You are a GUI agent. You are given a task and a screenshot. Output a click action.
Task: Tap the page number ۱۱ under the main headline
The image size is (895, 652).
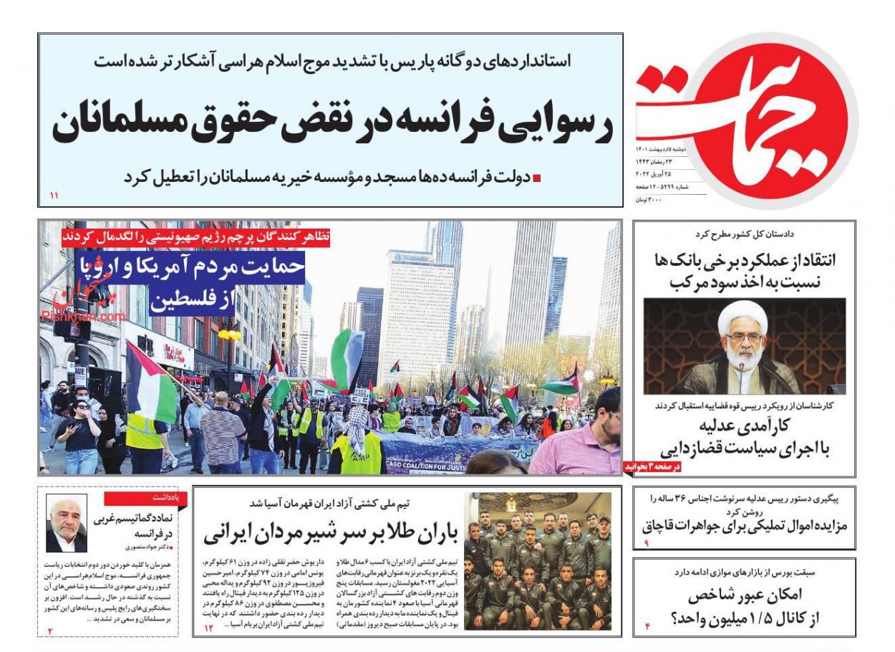(x=54, y=195)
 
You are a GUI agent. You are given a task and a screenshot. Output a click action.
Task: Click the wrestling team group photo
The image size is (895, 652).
(x=537, y=560)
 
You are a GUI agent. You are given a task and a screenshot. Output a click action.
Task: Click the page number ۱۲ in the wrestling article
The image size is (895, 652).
(x=209, y=628)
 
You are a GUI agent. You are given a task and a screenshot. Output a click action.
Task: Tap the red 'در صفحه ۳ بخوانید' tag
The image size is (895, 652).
(x=652, y=466)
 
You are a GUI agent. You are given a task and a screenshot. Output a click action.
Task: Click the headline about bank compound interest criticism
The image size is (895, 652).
(x=745, y=271)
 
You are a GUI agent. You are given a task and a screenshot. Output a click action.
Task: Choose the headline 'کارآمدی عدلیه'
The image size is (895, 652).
(x=745, y=438)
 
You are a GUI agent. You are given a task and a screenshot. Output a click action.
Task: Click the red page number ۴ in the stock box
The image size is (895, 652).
(x=646, y=628)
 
